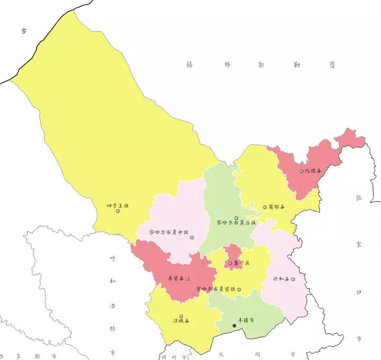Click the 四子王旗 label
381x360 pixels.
click(118, 205)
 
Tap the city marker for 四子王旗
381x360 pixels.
click(118, 212)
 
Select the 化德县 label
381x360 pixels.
click(313, 171)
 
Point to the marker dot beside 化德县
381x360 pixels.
click(302, 171)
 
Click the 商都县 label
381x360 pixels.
click(277, 207)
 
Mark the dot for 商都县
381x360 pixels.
click(265, 207)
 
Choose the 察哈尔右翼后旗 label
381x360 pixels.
click(236, 223)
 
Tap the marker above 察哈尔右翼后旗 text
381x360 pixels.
click(236, 217)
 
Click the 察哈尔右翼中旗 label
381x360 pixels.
click(169, 232)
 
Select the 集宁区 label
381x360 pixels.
click(242, 263)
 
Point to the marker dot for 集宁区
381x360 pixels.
click(230, 263)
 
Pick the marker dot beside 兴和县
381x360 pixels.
click(293, 279)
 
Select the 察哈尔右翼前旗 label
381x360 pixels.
click(215, 289)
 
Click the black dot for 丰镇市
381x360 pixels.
click(234, 325)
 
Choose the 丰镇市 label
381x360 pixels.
click(246, 321)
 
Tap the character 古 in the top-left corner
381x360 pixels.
click(23, 31)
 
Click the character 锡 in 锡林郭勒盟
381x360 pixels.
click(189, 65)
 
